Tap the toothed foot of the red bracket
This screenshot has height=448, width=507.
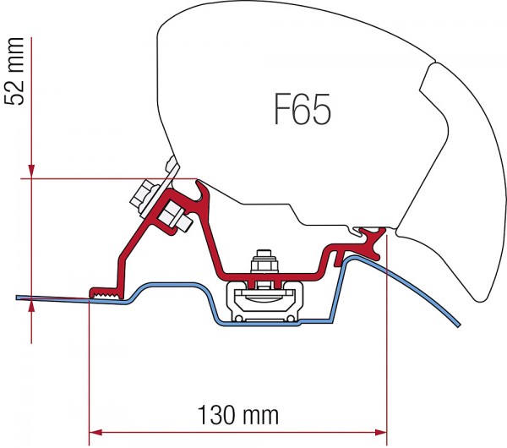(x=105, y=292)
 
